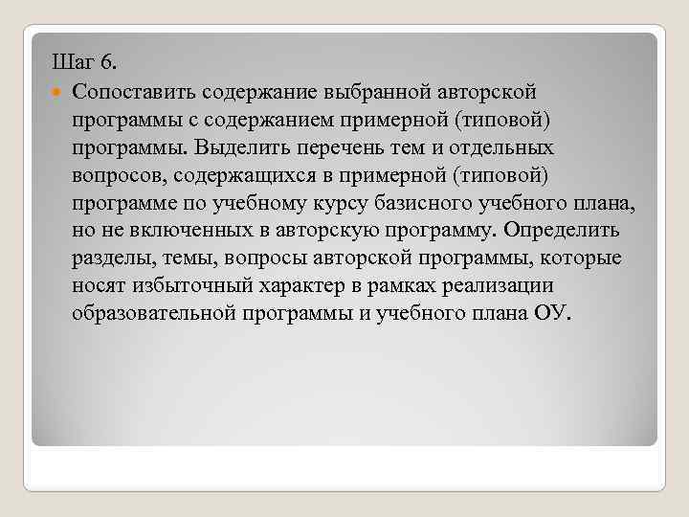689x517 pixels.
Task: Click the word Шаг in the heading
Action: point(72,63)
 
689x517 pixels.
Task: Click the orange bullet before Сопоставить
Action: point(57,92)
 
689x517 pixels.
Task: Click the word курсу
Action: point(359,203)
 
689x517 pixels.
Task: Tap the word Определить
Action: point(562,231)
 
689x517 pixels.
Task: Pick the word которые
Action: point(586,258)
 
